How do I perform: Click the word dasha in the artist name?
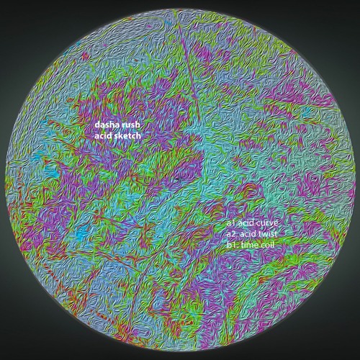107,124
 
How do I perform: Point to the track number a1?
230,223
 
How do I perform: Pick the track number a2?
230,234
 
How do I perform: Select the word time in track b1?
249,245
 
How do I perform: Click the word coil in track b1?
269,245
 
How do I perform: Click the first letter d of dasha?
97,124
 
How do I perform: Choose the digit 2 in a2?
233,234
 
